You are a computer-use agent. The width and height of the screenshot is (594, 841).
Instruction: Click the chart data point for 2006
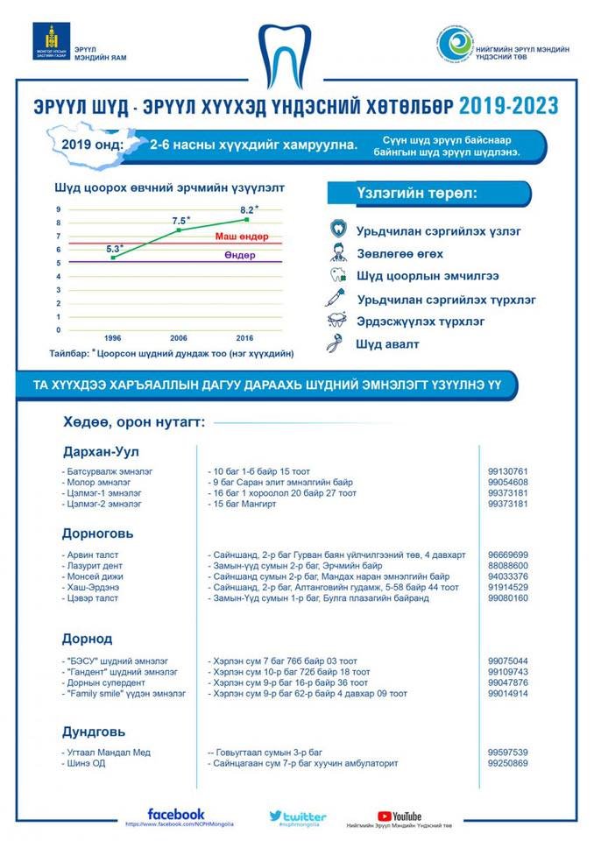point(180,230)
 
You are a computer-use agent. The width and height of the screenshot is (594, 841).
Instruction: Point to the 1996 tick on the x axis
point(113,337)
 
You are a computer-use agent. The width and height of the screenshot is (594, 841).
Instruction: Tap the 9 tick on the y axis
point(59,209)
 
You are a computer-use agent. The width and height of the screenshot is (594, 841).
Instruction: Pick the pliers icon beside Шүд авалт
point(336,343)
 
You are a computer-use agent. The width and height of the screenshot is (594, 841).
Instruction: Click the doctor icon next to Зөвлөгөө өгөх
point(336,253)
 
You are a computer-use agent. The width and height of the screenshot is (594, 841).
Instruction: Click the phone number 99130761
point(508,471)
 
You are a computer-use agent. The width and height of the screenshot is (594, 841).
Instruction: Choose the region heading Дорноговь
point(97,533)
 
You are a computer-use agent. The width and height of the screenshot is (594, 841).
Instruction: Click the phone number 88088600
point(508,566)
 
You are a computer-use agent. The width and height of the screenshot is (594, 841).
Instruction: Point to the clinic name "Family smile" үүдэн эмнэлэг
point(125,693)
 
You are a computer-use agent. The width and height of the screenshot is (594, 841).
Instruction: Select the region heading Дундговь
point(94,731)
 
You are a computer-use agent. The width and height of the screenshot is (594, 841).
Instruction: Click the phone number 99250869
point(508,763)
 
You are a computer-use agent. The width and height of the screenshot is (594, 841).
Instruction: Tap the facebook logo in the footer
point(176,814)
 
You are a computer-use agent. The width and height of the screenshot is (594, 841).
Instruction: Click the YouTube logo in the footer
point(400,816)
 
